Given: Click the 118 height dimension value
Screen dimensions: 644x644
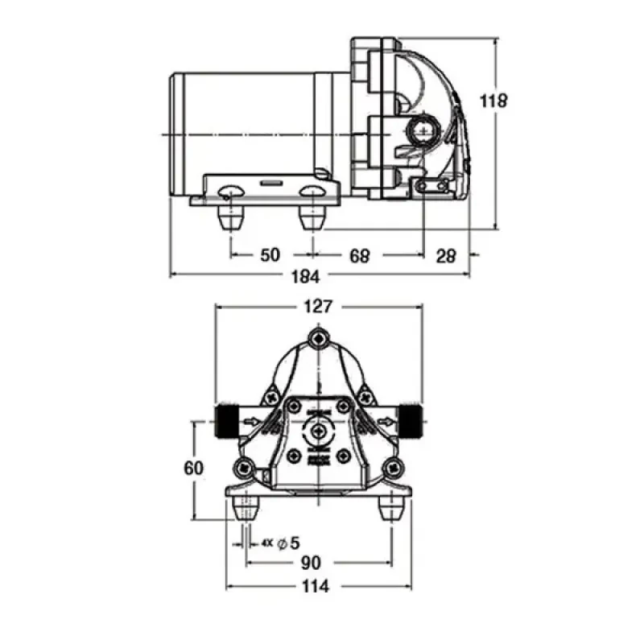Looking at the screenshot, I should coord(493,101).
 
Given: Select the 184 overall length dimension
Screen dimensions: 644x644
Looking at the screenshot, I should coord(306,276).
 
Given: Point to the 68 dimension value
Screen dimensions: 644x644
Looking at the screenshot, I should coord(359,255).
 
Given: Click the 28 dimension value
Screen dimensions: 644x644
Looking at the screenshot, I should coord(445,255).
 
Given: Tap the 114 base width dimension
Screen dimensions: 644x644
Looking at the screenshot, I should coord(316,587).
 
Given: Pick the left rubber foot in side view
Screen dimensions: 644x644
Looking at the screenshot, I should coord(230,215).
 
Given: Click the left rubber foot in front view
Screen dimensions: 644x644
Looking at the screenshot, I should coord(245,508).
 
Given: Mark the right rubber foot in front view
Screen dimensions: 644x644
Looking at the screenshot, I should coord(392,508).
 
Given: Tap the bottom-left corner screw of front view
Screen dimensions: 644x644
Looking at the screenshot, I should coord(243,466).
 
